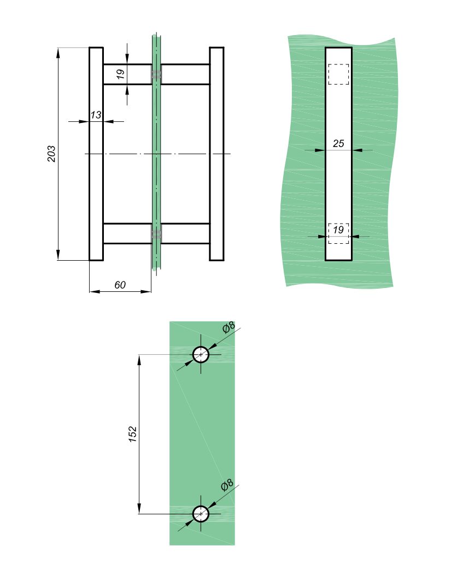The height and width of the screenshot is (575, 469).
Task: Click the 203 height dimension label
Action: coord(51,154)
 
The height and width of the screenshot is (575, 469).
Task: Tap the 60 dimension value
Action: coord(120,285)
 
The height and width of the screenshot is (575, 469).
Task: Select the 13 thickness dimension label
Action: coord(96,115)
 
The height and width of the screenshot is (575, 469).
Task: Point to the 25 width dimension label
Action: coord(338,143)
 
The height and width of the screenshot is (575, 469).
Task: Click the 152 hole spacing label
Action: coord(132,434)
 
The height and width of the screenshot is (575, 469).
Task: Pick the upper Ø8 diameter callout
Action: coord(228,327)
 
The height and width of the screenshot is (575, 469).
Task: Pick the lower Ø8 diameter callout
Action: coord(227,485)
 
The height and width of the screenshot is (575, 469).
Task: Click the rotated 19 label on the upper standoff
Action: coord(120,74)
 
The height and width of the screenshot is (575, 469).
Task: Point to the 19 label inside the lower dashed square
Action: coord(338,230)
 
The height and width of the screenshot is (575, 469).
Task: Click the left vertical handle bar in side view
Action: coord(96,154)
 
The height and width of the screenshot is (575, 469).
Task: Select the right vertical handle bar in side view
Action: coord(216,154)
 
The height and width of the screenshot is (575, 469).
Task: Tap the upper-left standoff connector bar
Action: coord(127,74)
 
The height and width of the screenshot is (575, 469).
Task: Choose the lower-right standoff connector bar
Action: coord(185,233)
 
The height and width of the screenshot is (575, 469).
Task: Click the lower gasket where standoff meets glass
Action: coord(156,233)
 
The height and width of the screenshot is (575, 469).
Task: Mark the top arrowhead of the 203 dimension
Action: coord(58,53)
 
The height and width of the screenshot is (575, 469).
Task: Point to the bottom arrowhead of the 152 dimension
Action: coord(139,508)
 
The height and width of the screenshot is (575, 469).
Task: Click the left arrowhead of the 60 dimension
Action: coord(95,291)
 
